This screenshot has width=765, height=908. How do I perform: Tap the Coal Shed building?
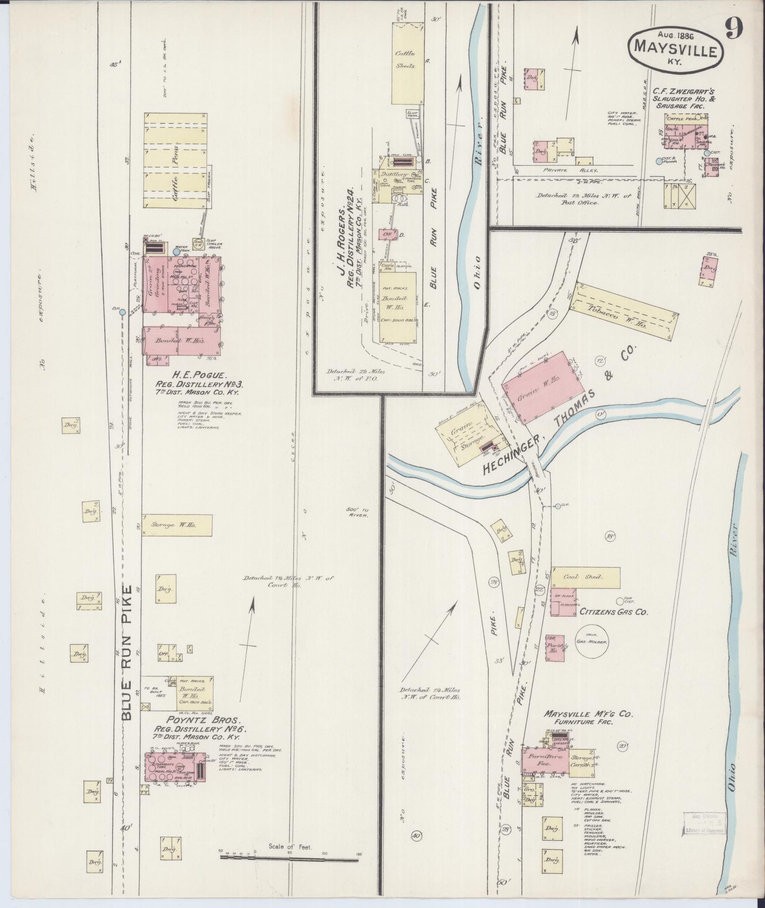[x=585, y=577]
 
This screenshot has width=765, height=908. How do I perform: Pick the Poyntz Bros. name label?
[x=180, y=732]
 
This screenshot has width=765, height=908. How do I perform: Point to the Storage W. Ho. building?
[x=176, y=525]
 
